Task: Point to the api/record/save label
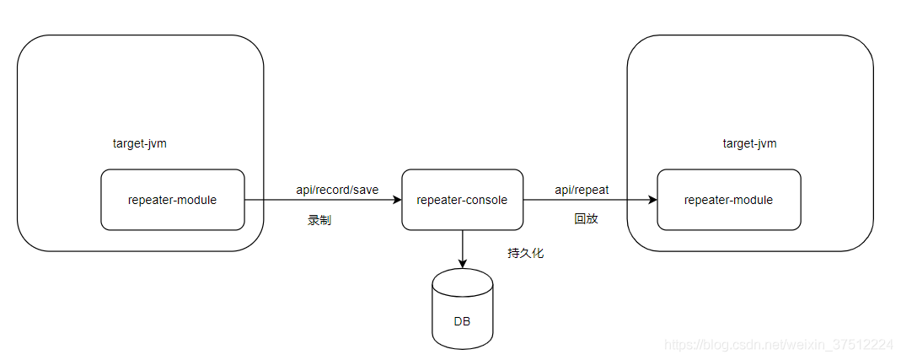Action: (x=336, y=190)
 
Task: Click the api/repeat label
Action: (x=582, y=190)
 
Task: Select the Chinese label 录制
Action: (x=319, y=220)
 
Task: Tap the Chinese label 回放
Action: (x=586, y=218)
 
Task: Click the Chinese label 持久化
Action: (x=525, y=253)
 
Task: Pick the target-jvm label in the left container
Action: (x=140, y=143)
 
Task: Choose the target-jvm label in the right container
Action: (x=749, y=143)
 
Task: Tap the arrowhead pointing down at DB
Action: (x=462, y=263)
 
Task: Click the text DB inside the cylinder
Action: (x=462, y=321)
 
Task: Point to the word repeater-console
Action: (x=462, y=200)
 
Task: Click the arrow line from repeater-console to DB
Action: (x=462, y=246)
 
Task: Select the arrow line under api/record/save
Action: (x=320, y=201)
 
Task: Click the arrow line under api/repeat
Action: (x=586, y=201)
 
